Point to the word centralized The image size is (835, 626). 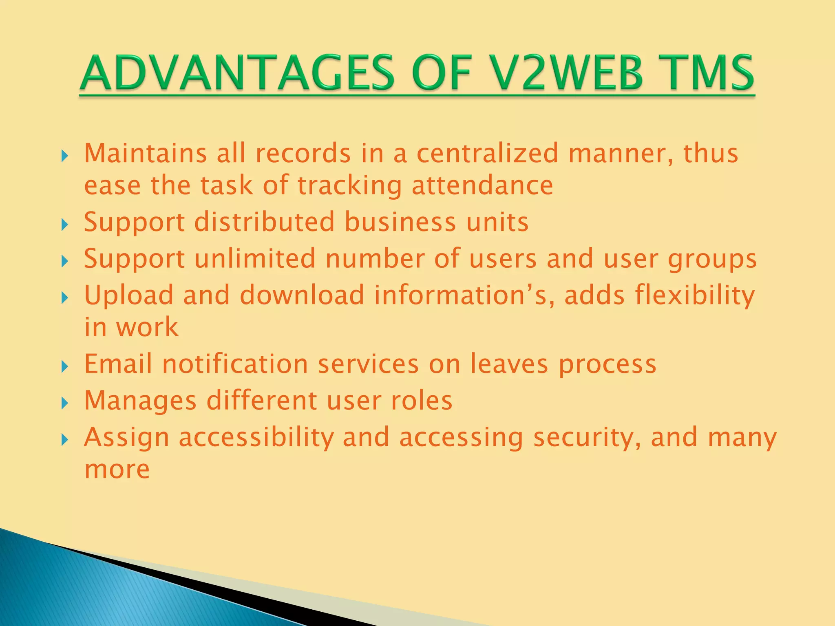pyautogui.click(x=487, y=154)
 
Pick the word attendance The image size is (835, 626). pyautogui.click(x=482, y=186)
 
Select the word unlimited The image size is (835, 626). pyautogui.click(x=255, y=258)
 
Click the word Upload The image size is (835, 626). pyautogui.click(x=129, y=295)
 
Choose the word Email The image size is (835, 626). pyautogui.click(x=118, y=364)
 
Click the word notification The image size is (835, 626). pyautogui.click(x=235, y=364)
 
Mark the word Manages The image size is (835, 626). pyautogui.click(x=141, y=401)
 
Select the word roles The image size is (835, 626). pyautogui.click(x=422, y=400)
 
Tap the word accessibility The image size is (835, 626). pyautogui.click(x=256, y=437)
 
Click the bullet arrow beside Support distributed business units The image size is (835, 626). pyautogui.click(x=64, y=224)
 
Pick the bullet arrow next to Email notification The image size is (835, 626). pyautogui.click(x=64, y=366)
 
